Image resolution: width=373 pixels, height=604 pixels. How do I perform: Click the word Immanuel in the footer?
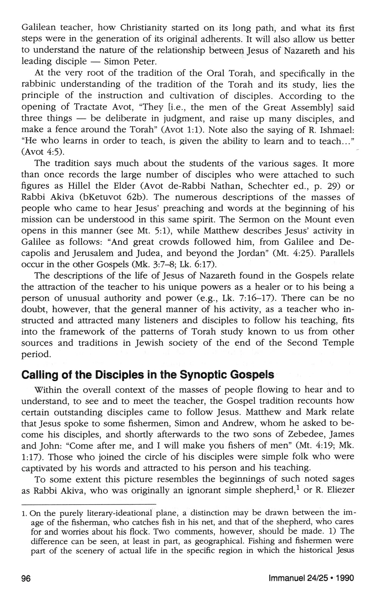click(283, 578)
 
